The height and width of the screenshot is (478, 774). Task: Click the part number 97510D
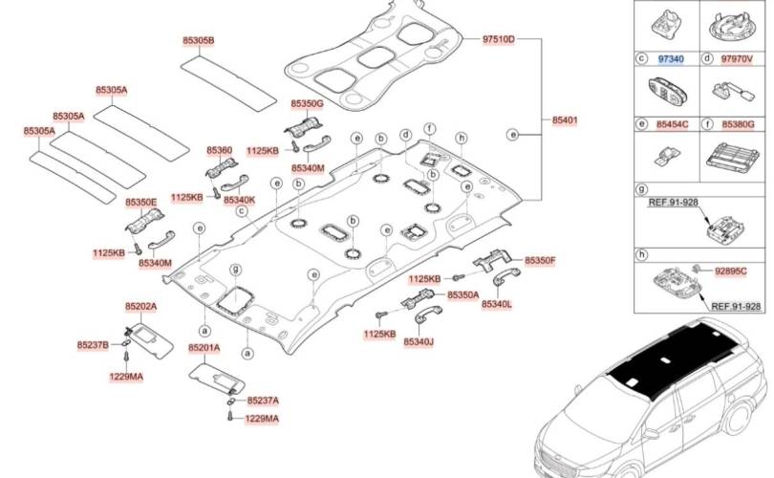(498, 39)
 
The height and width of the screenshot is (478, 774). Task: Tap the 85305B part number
(199, 41)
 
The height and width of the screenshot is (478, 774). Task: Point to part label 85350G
(308, 102)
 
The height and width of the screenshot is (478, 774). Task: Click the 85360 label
(219, 150)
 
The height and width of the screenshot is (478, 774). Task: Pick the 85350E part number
(140, 203)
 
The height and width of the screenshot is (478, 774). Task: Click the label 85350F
(539, 260)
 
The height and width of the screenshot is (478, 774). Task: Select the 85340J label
(419, 340)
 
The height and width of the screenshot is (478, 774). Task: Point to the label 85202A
(140, 306)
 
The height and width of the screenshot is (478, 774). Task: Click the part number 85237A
(263, 401)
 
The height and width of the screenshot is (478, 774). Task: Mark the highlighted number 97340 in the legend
(671, 59)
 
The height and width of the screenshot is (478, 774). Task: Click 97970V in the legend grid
(737, 59)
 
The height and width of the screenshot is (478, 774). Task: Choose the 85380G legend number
(737, 124)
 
